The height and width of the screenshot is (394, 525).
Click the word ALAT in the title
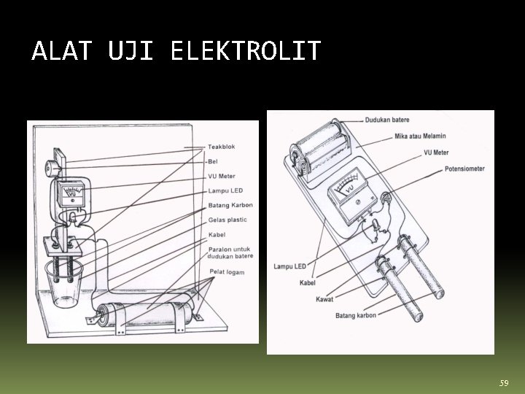pyautogui.click(x=62, y=51)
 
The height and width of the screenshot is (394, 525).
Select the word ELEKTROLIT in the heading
pyautogui.click(x=245, y=51)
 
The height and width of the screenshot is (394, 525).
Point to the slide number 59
pyautogui.click(x=503, y=383)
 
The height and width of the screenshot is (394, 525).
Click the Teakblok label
pyautogui.click(x=222, y=147)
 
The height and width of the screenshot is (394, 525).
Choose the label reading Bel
pyautogui.click(x=213, y=161)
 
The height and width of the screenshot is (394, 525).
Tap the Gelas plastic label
pyautogui.click(x=227, y=220)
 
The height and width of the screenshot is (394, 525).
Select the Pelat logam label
pyautogui.click(x=227, y=272)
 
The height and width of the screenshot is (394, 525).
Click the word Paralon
pyautogui.click(x=220, y=248)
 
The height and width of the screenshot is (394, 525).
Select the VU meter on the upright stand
pyautogui.click(x=71, y=194)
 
